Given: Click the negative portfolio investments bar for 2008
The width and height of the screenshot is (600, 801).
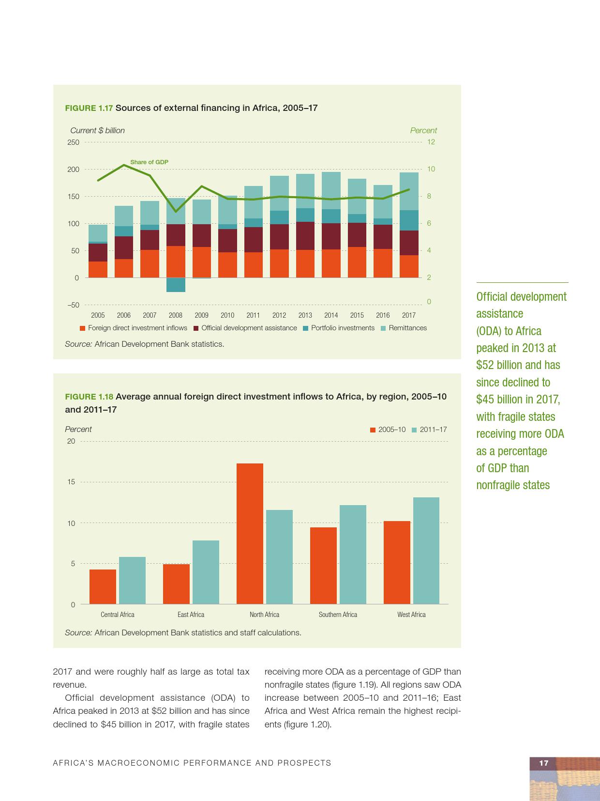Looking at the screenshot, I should tap(176, 285).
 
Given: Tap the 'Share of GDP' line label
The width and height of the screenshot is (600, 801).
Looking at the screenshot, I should tap(149, 162).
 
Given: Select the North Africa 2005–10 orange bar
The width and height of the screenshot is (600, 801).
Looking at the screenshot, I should tap(250, 534).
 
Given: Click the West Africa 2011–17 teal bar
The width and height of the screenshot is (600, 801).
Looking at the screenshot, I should tap(426, 551).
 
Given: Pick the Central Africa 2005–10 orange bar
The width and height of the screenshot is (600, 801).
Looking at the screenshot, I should tap(103, 586).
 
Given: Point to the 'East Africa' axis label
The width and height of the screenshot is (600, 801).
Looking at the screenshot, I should tap(191, 615).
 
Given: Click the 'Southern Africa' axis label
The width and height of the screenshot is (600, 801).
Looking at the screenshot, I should tap(338, 615).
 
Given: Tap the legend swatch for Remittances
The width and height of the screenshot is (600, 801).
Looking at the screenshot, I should tap(384, 328).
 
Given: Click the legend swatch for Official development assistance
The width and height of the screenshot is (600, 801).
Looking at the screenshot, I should tap(196, 328).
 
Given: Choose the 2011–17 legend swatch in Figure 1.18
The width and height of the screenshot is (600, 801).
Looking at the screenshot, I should tap(414, 430).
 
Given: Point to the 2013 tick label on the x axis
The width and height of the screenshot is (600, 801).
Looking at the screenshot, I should tap(305, 315).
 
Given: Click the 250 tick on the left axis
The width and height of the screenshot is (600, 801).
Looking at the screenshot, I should tap(73, 142).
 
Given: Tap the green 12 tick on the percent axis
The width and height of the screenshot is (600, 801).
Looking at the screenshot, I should tap(431, 142).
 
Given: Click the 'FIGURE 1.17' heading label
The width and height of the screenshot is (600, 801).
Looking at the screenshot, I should tap(89, 108).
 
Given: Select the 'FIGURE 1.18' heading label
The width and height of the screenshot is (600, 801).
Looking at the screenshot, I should tap(89, 397).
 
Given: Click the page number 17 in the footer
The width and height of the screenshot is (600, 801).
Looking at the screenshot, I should tap(544, 763).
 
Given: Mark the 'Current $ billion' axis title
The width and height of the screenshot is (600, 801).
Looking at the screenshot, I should tap(97, 130).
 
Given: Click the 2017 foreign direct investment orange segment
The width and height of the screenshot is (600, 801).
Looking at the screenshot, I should tap(409, 266).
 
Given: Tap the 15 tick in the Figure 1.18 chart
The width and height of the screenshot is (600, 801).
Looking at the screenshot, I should tap(71, 482).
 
